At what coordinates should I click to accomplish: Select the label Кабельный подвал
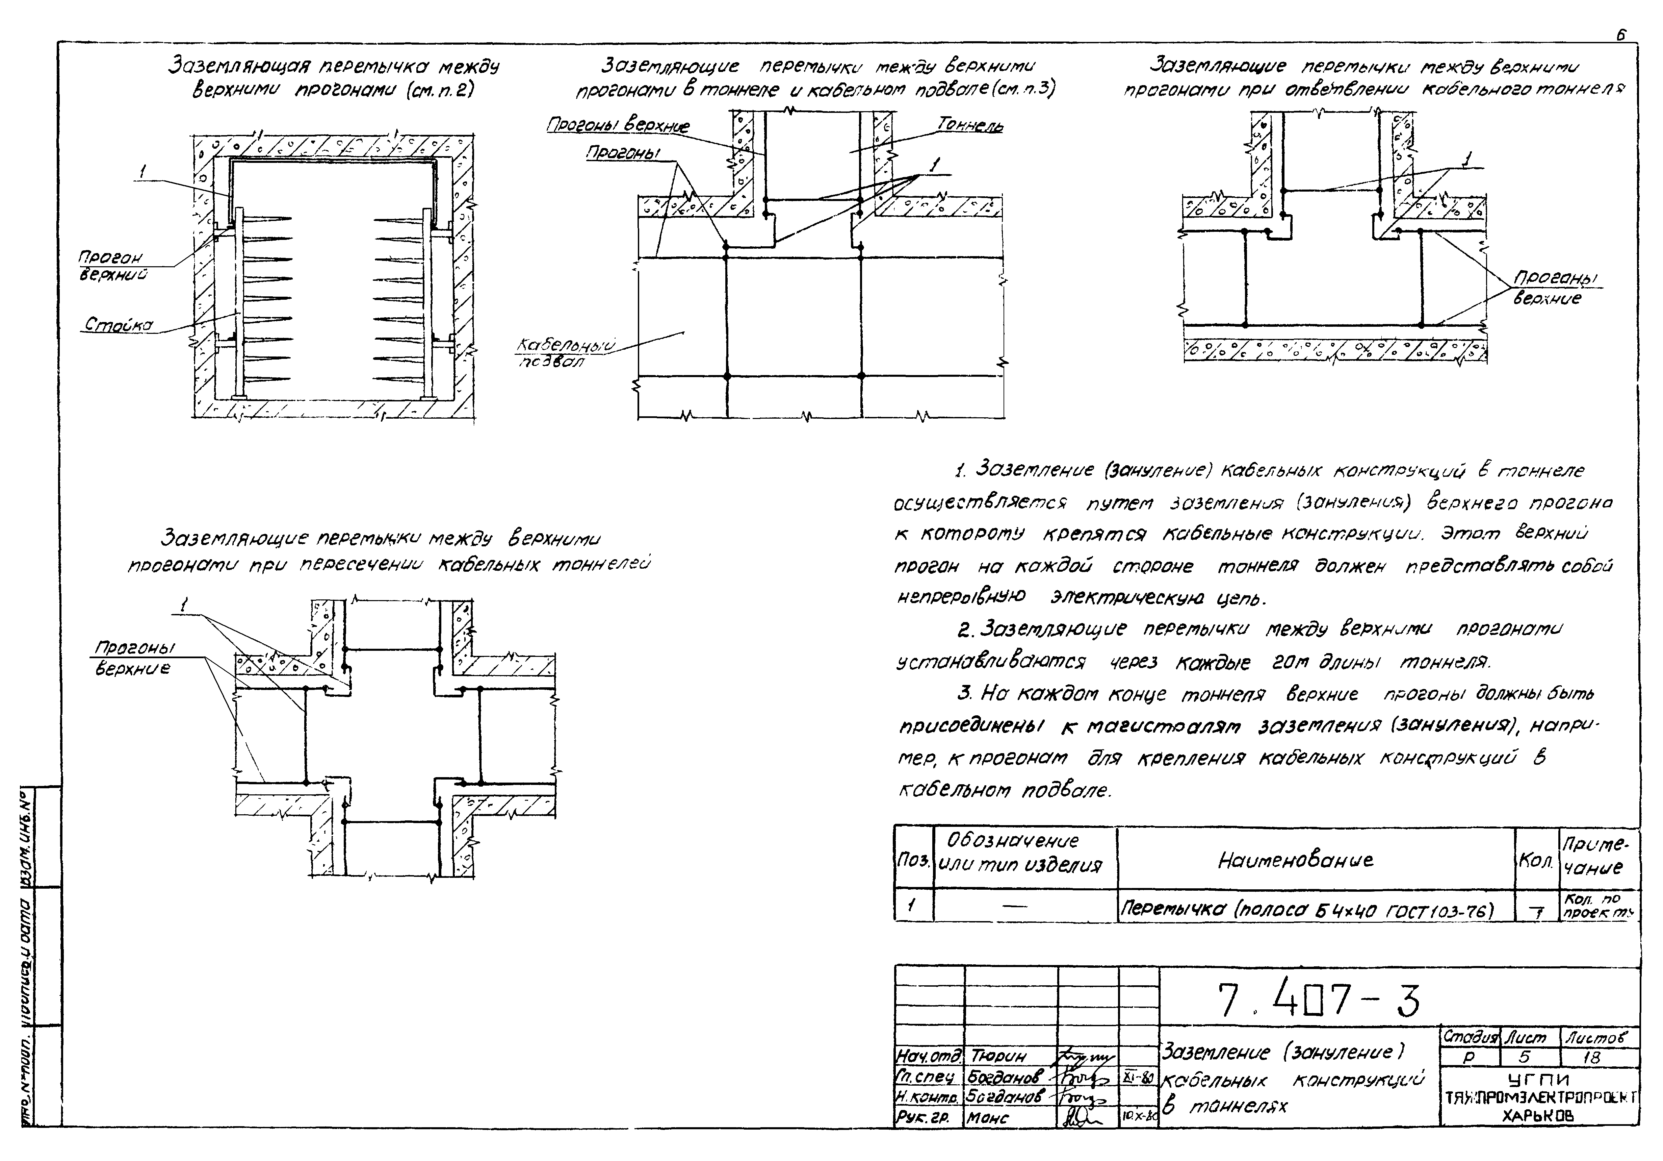pos(565,353)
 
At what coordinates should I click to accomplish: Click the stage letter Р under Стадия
pos(1469,1058)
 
